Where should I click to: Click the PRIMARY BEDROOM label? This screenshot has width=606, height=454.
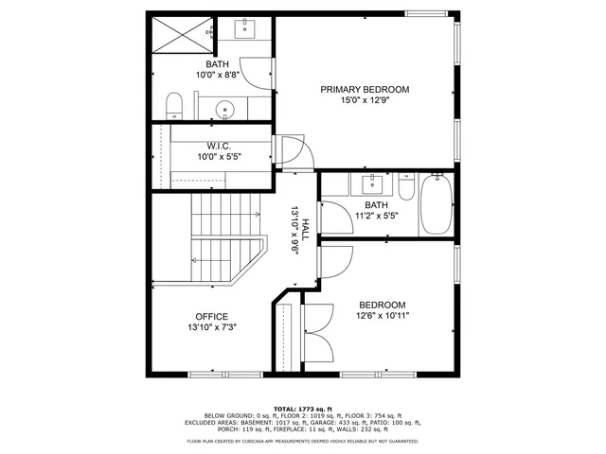click(x=365, y=90)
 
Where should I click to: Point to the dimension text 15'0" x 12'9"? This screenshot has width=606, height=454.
click(x=365, y=100)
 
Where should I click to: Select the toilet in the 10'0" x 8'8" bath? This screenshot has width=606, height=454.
click(x=175, y=106)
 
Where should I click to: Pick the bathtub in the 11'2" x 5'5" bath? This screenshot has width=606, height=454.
click(x=437, y=204)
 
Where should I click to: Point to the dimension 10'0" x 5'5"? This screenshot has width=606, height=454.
click(x=219, y=157)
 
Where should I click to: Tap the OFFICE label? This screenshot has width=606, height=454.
click(x=211, y=317)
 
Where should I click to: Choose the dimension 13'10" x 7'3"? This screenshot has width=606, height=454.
click(x=211, y=327)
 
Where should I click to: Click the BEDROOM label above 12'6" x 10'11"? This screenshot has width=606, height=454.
click(x=382, y=306)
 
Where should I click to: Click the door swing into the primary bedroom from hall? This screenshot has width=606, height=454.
click(x=284, y=153)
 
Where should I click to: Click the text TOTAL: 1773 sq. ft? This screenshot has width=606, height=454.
click(x=303, y=407)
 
